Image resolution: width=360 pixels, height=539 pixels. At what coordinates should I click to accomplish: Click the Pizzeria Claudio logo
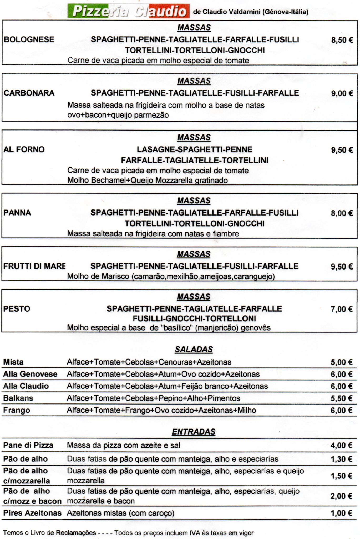pyautogui.click(x=128, y=11)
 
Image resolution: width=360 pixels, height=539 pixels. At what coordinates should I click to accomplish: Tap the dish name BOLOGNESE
pyautogui.click(x=29, y=39)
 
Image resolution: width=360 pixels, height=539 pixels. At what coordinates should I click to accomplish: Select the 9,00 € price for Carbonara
pyautogui.click(x=342, y=93)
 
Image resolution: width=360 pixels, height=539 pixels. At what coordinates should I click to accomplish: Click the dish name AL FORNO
pyautogui.click(x=24, y=149)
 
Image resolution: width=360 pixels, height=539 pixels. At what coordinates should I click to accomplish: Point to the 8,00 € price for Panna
pyautogui.click(x=342, y=213)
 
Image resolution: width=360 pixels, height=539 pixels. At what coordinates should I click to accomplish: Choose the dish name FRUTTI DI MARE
pyautogui.click(x=34, y=266)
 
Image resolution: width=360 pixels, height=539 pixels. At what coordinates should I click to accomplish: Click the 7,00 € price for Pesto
pyautogui.click(x=342, y=309)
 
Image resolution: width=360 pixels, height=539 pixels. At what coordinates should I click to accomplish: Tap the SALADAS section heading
pyautogui.click(x=194, y=349)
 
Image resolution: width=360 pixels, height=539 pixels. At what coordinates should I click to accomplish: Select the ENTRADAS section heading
pyautogui.click(x=194, y=432)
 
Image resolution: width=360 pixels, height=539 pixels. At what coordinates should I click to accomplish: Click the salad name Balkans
pyautogui.click(x=18, y=398)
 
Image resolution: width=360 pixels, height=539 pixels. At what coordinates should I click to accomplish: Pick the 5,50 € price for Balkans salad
pyautogui.click(x=341, y=398)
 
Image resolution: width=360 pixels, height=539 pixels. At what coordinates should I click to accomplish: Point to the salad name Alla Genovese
pyautogui.click(x=30, y=374)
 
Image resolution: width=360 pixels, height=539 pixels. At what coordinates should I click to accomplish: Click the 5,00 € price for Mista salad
pyautogui.click(x=341, y=362)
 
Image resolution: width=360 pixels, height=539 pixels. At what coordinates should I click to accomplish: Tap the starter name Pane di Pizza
pyautogui.click(x=28, y=445)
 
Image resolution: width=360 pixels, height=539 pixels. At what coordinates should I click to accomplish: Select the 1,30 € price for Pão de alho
pyautogui.click(x=341, y=459)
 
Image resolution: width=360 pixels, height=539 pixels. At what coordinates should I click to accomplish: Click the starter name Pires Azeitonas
pyautogui.click(x=32, y=513)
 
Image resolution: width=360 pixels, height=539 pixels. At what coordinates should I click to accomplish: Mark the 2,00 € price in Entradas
pyautogui.click(x=341, y=496)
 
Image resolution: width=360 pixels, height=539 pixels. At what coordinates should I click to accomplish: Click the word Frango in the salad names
pyautogui.click(x=17, y=410)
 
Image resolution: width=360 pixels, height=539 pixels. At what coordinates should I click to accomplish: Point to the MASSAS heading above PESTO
pyautogui.click(x=194, y=297)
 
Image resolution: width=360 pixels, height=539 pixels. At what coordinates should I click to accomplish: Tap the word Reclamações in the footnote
pyautogui.click(x=76, y=533)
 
